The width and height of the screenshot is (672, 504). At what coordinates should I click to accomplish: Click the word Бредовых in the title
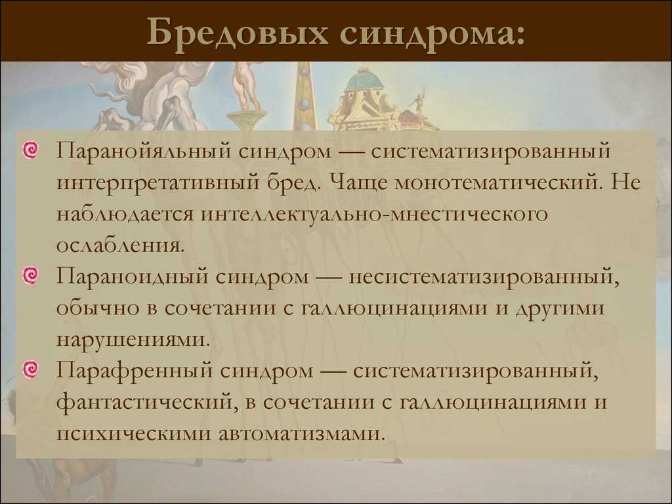coord(238,33)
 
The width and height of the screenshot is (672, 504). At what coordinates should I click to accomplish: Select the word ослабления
coord(121,246)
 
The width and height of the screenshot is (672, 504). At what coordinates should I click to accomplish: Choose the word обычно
coord(98,308)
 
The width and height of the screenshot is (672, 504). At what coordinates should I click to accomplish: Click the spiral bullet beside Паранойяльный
coord(30,150)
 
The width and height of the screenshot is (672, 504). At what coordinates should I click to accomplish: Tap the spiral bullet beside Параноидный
coord(30,276)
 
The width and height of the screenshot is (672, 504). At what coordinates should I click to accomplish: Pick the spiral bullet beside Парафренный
coord(30,370)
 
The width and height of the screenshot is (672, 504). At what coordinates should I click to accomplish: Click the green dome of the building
coord(364,79)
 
